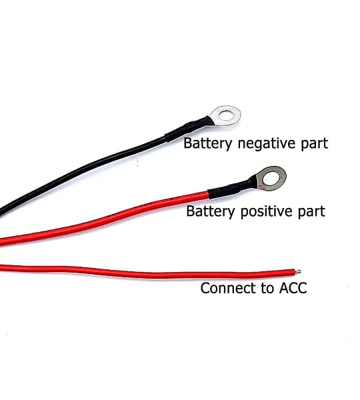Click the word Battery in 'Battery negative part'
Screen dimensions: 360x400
207,143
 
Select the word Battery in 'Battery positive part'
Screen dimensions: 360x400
210,211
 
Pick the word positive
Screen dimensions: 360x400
266,212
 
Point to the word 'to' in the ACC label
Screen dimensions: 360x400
267,289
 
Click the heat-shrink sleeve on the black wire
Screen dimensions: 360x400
187,131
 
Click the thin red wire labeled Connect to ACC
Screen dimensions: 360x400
148,273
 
